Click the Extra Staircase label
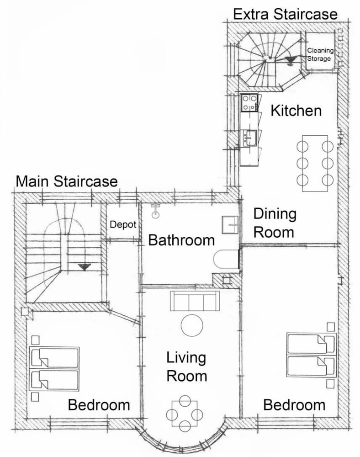tap(286, 14)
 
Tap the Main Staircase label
tap(67, 181)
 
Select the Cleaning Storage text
tap(320, 54)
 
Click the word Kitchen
tap(296, 111)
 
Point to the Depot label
tap(123, 224)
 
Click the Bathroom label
tap(181, 240)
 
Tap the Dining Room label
tap(275, 223)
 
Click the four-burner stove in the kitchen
tap(249, 102)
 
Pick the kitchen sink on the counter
tap(250, 138)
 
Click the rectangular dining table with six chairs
tap(315, 163)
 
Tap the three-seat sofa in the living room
tap(195, 301)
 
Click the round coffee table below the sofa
tap(192, 325)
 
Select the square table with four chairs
tap(185, 413)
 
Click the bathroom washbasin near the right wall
tap(230, 225)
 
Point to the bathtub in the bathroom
tap(226, 259)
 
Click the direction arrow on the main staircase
tap(85, 266)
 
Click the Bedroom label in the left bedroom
tap(99, 405)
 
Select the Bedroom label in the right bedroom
tap(294, 405)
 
